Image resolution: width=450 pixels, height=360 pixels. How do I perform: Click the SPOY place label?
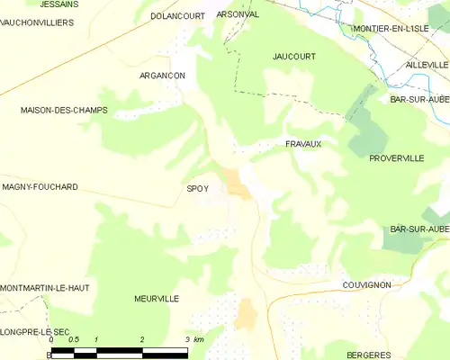click(197, 188)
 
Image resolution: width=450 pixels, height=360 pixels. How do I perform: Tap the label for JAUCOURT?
click(294, 56)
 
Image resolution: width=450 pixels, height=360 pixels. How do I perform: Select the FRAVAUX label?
click(303, 143)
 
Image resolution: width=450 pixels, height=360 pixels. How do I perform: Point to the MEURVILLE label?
click(157, 298)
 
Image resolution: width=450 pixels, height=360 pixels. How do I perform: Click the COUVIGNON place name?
click(366, 284)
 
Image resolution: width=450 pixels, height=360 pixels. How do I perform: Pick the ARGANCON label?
click(162, 76)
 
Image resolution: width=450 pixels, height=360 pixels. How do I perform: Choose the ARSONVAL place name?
click(238, 14)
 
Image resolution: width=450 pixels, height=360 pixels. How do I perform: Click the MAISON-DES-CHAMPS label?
click(64, 110)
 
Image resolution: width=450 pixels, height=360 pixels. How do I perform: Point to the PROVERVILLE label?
click(396, 157)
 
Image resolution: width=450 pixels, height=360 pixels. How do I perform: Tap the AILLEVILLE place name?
click(427, 65)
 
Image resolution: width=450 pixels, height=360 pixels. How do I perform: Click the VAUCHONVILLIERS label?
click(37, 22)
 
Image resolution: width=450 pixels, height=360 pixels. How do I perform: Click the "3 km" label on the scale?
click(193, 339)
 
